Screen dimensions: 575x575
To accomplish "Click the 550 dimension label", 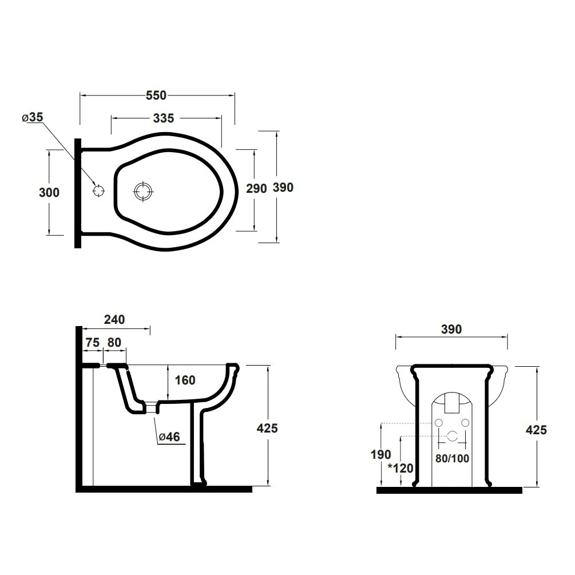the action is pos(156,96).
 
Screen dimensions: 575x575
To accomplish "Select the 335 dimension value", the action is pos(164,118).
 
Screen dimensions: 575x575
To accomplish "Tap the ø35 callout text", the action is pos(32,117).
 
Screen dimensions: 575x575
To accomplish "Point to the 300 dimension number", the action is pos(49,192).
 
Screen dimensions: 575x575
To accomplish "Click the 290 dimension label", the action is pos(256,188).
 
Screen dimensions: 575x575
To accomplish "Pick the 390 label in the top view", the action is pos(283,188).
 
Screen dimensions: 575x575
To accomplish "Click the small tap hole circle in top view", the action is pos(98,191).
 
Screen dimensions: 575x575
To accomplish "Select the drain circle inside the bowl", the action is pos(143,191).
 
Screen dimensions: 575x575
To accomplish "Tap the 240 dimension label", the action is pos(114,319).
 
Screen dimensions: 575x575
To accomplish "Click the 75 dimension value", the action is pos(93,343).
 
